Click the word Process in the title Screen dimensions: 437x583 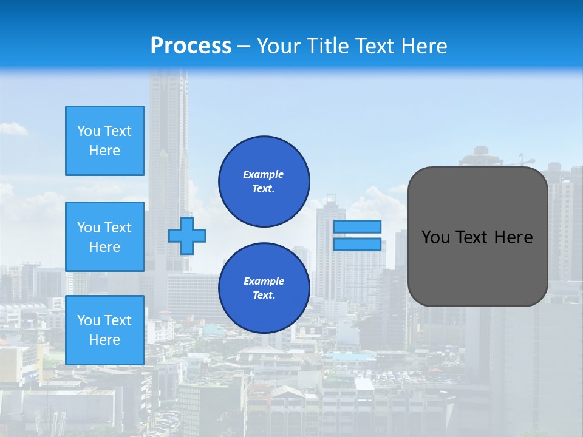coord(191,46)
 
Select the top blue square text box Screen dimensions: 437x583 coord(104,141)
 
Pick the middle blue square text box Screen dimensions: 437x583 coord(104,237)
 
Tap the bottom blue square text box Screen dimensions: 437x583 coord(104,330)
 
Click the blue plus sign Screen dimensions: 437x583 coord(187,235)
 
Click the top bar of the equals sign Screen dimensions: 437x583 coord(357,226)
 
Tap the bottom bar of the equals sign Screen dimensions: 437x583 coord(357,244)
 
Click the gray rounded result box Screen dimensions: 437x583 coord(477,267)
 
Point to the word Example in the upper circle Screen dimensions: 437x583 coord(264,174)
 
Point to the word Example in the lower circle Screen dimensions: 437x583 coord(264,281)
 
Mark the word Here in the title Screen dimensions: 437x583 coord(423,46)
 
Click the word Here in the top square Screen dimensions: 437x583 coord(104,151)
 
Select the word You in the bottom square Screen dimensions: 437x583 coord(88,320)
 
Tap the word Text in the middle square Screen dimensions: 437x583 coord(117,228)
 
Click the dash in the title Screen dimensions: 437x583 coord(244,46)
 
